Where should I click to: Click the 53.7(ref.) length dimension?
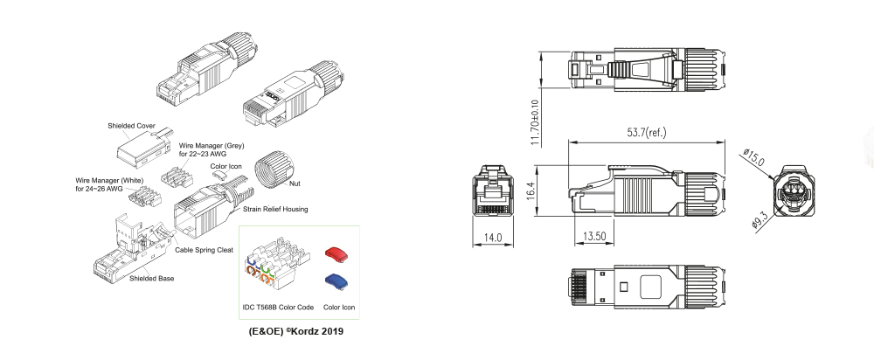(647, 133)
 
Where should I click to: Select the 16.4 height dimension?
(531, 191)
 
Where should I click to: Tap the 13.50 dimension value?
(594, 236)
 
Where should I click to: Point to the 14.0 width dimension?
(493, 238)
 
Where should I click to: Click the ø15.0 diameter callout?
(754, 157)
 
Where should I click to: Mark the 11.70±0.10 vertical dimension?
(536, 122)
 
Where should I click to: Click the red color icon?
(336, 253)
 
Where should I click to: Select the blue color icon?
(336, 280)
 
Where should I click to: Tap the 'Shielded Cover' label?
(132, 126)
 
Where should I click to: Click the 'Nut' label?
(295, 183)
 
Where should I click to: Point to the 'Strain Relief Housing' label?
(275, 209)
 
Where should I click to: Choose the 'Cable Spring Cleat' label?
(204, 250)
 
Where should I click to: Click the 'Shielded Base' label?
(151, 279)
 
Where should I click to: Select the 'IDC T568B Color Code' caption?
(278, 307)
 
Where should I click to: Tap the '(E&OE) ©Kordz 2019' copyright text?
(296, 331)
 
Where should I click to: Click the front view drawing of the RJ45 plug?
(493, 190)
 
